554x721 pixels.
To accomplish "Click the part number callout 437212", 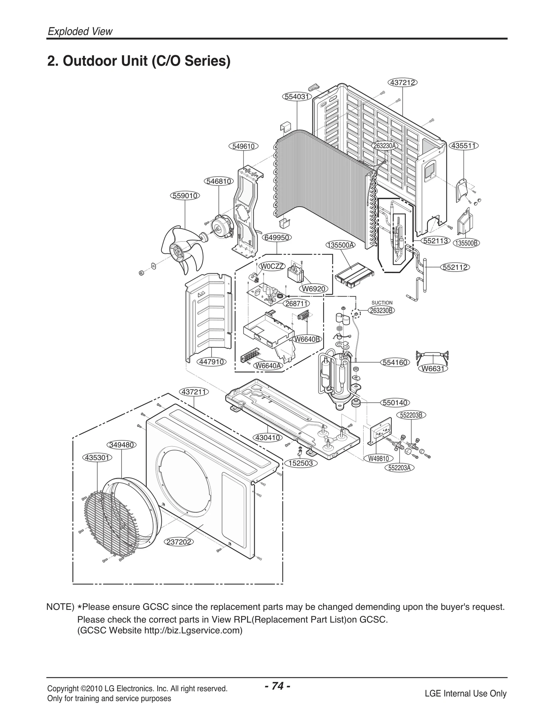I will (x=403, y=82).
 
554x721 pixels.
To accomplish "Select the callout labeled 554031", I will (x=297, y=97).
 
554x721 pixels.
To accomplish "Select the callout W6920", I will (x=313, y=289).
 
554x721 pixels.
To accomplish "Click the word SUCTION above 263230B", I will (x=382, y=303).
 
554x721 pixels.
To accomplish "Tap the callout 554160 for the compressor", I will (x=395, y=363).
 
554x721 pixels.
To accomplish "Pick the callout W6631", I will (x=432, y=369).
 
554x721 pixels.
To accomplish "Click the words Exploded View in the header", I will (x=80, y=31).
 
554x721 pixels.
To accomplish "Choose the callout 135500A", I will (x=341, y=245).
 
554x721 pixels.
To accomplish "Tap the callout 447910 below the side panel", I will (x=212, y=362).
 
